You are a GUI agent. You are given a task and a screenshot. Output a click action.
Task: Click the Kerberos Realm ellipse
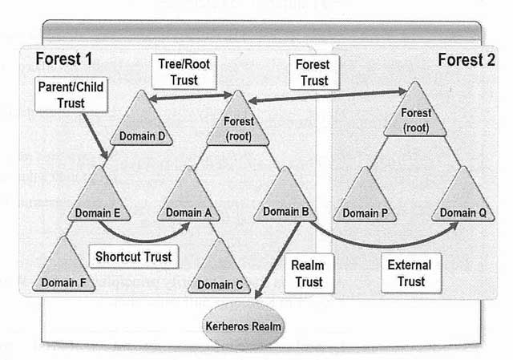242,326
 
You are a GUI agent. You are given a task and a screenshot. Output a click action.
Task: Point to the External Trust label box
409,273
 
